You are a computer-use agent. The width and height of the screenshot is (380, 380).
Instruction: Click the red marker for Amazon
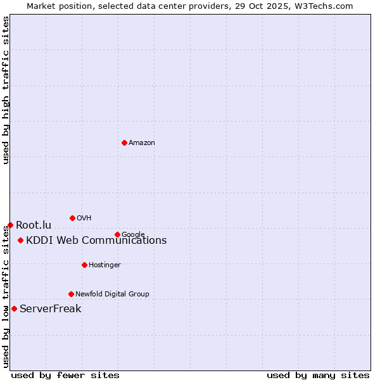point(124,142)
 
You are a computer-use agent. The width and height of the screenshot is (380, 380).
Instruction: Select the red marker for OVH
point(72,218)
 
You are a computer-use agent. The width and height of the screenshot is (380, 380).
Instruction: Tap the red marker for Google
point(117,234)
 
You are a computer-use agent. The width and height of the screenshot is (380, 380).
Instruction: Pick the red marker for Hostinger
point(84,265)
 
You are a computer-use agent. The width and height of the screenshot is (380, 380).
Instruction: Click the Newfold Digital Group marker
point(71,294)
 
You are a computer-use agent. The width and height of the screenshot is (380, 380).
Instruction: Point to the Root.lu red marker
point(10,225)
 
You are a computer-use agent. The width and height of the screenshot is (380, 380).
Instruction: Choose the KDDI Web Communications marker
point(21,240)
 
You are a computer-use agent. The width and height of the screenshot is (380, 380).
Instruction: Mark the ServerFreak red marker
point(14,308)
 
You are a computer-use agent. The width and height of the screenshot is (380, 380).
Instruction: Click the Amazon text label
point(142,143)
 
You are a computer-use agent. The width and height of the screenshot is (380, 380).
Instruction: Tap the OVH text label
point(84,218)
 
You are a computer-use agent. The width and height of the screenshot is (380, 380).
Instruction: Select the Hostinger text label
point(104,265)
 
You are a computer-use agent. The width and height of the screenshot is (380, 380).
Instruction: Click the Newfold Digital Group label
point(112,294)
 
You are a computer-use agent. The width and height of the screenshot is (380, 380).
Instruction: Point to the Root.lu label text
point(34,225)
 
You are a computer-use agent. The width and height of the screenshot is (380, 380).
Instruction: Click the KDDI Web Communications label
point(96,240)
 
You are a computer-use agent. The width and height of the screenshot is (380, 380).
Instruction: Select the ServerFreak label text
point(51,309)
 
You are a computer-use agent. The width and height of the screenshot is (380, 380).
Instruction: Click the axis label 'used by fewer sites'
point(65,375)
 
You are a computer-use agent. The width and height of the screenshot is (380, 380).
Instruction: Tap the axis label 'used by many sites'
point(318,375)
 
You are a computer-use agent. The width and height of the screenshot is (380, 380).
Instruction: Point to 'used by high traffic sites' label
point(6,90)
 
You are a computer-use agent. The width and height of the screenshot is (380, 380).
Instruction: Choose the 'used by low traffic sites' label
point(6,296)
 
